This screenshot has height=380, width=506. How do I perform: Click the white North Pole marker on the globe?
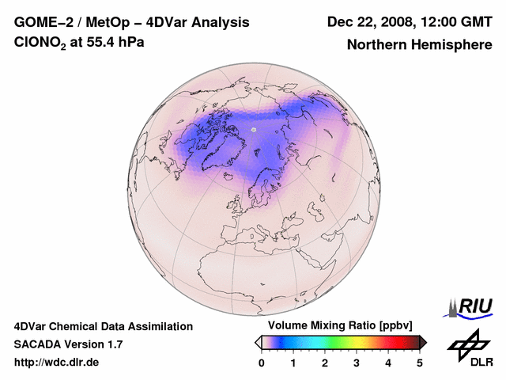254,129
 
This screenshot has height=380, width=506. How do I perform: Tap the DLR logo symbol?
466,343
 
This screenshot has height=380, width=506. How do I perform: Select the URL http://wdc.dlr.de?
57,363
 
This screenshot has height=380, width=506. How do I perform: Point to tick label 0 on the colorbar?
262,363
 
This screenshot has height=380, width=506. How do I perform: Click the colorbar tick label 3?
357,363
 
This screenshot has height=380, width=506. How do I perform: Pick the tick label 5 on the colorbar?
420,363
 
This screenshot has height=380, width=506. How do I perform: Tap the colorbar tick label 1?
293,363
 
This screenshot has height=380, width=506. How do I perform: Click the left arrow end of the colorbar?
258,342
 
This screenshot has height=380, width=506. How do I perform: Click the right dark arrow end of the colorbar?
423,342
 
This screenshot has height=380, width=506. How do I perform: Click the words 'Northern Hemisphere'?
419,45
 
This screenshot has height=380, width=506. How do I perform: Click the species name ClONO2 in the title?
41,43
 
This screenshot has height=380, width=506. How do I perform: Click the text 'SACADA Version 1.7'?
68,344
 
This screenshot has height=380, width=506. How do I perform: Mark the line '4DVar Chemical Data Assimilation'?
103,326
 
